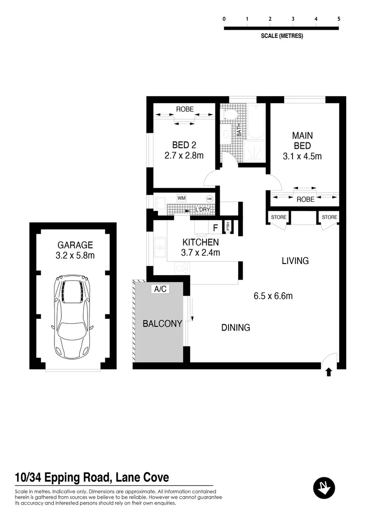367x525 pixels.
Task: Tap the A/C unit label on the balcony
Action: coord(160,289)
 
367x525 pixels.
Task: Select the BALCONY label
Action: coord(162,323)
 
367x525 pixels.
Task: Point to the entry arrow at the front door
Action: coord(329,372)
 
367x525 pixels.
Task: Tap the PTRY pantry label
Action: coord(228,227)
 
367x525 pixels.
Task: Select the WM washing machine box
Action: coord(181,198)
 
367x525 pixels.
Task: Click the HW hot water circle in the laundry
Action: coord(210,199)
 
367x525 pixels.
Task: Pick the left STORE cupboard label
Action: coord(279,217)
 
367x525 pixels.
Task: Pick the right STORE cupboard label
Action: coord(329,217)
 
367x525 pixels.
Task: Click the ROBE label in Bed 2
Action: coord(184,109)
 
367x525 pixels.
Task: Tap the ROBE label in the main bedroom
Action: coord(305,199)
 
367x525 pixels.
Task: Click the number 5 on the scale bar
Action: coord(339,19)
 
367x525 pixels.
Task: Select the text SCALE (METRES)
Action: coord(282,36)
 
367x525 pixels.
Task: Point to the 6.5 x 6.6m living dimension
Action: coord(272,296)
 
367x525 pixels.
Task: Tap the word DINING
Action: coord(236,328)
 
